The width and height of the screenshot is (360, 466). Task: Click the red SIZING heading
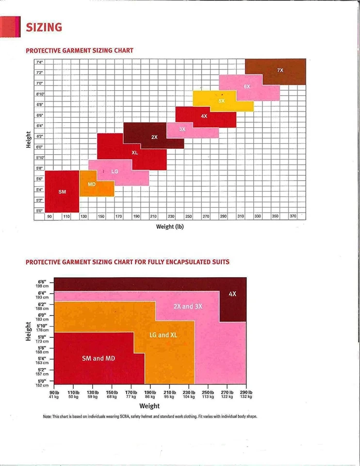(44, 27)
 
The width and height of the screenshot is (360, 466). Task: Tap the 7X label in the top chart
(280, 70)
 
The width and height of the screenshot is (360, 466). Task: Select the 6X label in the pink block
(247, 86)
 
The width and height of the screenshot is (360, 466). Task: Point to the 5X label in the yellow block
(221, 101)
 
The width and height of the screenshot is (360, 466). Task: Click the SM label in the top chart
(62, 192)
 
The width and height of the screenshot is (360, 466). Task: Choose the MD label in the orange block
(92, 184)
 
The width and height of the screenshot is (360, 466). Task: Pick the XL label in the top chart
(135, 152)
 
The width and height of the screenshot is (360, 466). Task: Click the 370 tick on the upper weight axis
(293, 216)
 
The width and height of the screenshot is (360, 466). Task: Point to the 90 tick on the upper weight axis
(49, 216)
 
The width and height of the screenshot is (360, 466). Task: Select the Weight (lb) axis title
(170, 226)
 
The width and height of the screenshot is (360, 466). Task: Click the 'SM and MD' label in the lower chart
(98, 358)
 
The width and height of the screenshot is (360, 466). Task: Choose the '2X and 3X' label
(188, 306)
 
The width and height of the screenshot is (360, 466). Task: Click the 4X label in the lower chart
(232, 294)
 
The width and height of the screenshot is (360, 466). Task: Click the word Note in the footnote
(47, 416)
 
